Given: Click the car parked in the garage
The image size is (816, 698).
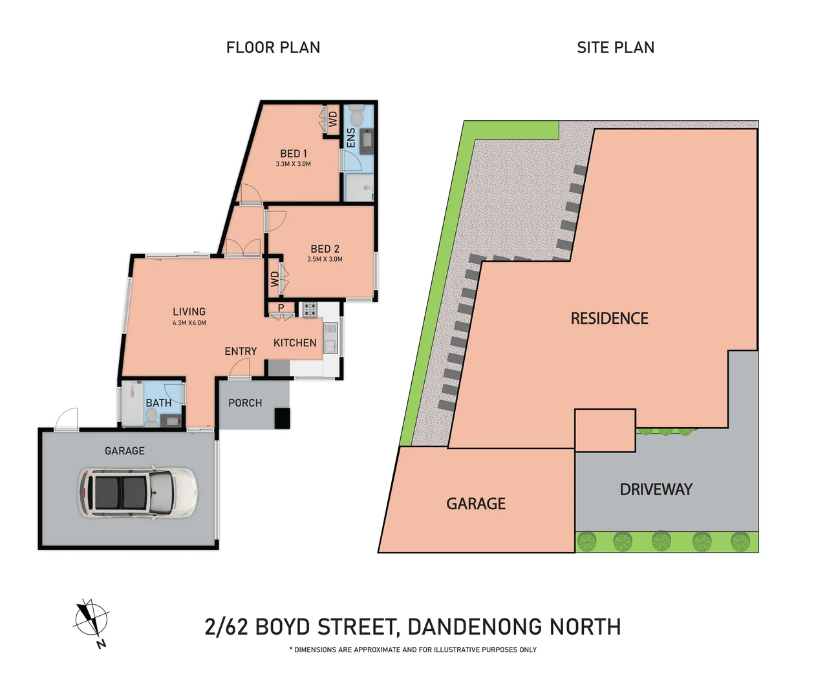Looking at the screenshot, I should pyautogui.click(x=137, y=492).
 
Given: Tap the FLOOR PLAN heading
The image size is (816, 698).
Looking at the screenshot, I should pyautogui.click(x=273, y=48).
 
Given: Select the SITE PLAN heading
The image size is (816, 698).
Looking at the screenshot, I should pyautogui.click(x=615, y=48).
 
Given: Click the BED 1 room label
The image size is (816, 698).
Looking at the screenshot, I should pyautogui.click(x=294, y=154).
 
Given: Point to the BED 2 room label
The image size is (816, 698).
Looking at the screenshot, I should pyautogui.click(x=325, y=249).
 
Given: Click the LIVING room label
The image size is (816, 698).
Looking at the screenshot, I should pyautogui.click(x=189, y=312).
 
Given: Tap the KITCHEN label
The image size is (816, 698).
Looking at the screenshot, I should pyautogui.click(x=295, y=343).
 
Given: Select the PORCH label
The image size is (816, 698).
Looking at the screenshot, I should pyautogui.click(x=245, y=403).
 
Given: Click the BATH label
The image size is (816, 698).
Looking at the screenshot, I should pyautogui.click(x=158, y=403).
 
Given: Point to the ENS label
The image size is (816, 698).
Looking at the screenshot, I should pyautogui.click(x=351, y=137).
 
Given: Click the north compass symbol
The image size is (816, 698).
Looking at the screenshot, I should pyautogui.click(x=91, y=620).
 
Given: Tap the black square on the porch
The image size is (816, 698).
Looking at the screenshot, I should pyautogui.click(x=283, y=418).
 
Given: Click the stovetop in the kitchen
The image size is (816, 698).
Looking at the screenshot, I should pyautogui.click(x=310, y=310).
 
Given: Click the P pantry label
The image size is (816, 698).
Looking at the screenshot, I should pyautogui.click(x=281, y=308).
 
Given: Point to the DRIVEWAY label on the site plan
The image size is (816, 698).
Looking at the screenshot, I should pyautogui.click(x=656, y=490).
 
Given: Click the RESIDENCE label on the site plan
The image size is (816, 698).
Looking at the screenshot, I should pyautogui.click(x=609, y=319).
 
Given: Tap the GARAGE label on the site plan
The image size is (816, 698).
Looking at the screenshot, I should pyautogui.click(x=476, y=504).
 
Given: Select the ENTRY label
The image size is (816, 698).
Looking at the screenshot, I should pyautogui.click(x=241, y=352).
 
